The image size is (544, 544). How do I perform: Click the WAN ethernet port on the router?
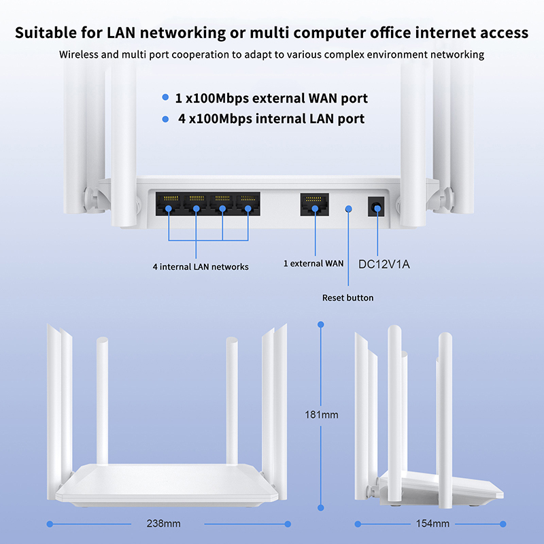tap(313, 203)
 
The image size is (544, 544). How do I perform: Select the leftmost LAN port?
tap(169, 203)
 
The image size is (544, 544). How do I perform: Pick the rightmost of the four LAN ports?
tap(248, 203)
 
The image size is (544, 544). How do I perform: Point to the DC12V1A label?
tap(384, 263)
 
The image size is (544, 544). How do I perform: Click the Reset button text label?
tap(347, 298)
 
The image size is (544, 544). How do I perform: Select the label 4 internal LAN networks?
tap(200, 267)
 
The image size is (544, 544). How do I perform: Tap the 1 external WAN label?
tap(313, 263)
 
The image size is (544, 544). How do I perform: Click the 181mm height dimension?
tap(322, 414)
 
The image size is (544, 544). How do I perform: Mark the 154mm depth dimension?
tap(432, 524)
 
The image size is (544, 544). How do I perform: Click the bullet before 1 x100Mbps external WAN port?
tap(166, 98)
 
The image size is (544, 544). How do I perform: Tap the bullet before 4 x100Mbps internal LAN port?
tap(165, 119)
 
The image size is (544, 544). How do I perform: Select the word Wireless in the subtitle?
tap(80, 54)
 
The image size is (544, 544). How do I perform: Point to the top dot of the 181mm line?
tap(321, 324)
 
